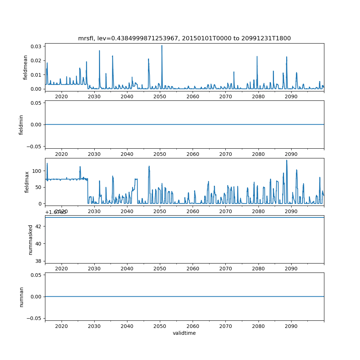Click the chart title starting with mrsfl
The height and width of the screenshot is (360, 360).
184,38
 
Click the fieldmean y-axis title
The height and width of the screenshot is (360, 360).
25,67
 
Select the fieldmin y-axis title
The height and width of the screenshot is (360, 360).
21,125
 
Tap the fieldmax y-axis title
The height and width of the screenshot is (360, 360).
26,182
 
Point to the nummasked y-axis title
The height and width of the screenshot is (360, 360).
31,239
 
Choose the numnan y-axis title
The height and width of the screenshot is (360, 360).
21,297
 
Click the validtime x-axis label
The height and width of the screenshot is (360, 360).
184,333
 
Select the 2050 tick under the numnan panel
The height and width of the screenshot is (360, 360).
160,326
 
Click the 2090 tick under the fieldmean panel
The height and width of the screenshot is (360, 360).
291,97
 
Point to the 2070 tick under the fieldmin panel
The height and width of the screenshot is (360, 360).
225,154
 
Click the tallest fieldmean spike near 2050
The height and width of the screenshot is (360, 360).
162,46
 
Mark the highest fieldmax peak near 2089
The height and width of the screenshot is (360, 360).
287,160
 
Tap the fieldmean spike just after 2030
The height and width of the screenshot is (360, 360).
99,51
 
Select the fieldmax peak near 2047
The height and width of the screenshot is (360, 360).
149,166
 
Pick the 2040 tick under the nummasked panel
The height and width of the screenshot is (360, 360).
127,269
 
